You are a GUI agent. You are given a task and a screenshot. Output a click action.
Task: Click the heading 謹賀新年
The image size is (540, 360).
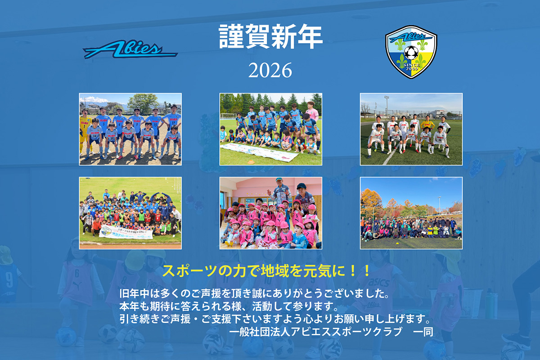point(270,36)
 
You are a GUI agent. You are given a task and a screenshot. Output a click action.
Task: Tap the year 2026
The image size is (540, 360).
point(270,70)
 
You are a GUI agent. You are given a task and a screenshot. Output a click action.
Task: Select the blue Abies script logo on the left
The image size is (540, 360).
point(130,49)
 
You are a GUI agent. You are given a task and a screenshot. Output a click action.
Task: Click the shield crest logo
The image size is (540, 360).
point(411,52)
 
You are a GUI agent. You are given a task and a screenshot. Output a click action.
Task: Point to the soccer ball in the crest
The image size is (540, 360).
point(411,53)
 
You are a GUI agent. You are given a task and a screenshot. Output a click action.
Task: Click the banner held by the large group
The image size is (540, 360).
point(126,232)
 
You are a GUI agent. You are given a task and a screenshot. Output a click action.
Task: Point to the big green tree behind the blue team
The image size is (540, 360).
point(143,103)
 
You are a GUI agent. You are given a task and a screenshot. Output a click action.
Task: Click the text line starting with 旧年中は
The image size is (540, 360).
point(254,293)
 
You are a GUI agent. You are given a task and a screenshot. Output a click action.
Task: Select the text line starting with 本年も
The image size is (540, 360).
point(229,306)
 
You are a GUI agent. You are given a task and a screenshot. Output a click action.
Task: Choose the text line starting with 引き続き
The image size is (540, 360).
point(275,319)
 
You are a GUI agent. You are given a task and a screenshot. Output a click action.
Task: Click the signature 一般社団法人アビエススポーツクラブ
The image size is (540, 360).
point(316,332)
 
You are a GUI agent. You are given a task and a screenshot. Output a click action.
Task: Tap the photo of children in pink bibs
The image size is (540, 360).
point(270,213)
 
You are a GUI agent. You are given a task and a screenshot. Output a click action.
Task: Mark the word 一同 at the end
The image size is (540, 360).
point(423,332)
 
